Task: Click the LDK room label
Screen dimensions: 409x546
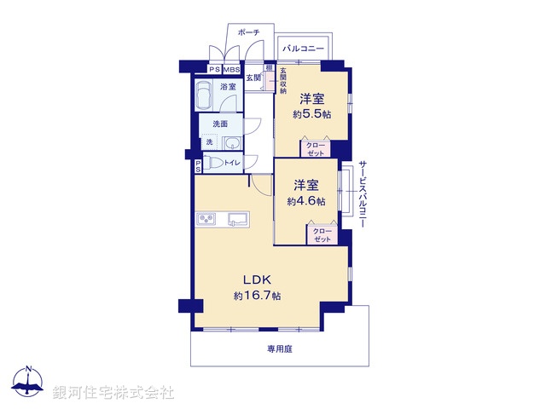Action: pyautogui.click(x=258, y=279)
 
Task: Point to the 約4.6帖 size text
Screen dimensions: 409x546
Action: pyautogui.click(x=306, y=201)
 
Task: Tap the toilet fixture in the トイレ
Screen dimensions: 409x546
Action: pyautogui.click(x=213, y=162)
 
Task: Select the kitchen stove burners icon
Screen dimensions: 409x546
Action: pyautogui.click(x=208, y=221)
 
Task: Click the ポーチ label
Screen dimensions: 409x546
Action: pyautogui.click(x=248, y=32)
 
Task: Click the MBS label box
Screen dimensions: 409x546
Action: pyautogui.click(x=230, y=69)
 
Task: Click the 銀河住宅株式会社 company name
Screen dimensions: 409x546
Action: pyautogui.click(x=113, y=392)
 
